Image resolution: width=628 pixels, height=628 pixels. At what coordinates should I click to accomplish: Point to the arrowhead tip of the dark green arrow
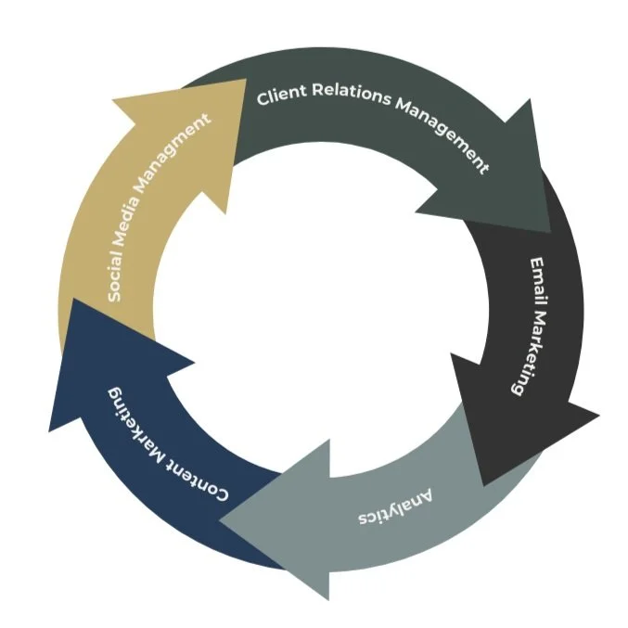[x=549, y=231]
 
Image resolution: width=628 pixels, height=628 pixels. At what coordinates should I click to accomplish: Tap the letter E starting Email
[x=538, y=264]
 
